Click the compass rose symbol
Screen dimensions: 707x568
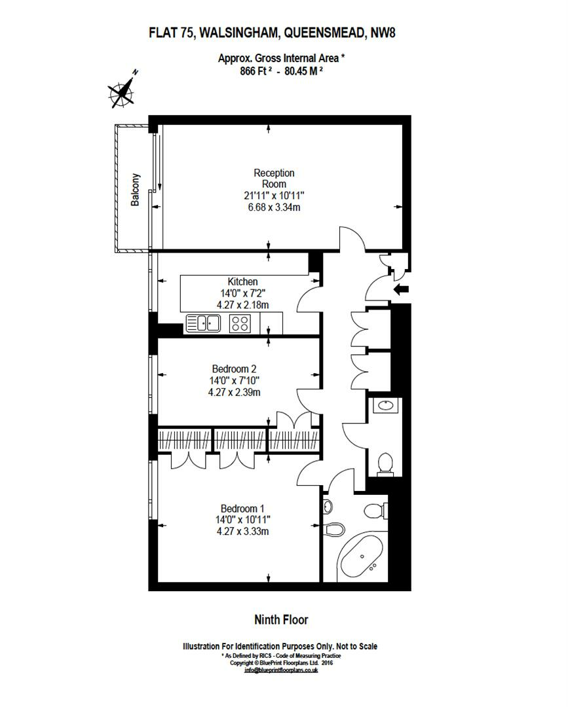(x=123, y=91)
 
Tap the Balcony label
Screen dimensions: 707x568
(x=136, y=189)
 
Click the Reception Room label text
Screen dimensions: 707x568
(x=274, y=179)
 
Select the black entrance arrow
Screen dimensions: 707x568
(x=400, y=289)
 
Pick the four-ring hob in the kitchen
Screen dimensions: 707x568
(x=240, y=323)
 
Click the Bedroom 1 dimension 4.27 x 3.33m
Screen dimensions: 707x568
(x=242, y=532)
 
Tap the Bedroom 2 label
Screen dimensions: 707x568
(x=234, y=369)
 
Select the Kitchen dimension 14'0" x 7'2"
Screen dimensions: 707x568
(x=242, y=293)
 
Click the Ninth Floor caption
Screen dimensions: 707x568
(x=280, y=619)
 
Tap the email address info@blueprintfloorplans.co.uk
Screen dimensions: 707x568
(x=281, y=670)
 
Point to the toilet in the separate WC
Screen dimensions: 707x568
(x=385, y=462)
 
